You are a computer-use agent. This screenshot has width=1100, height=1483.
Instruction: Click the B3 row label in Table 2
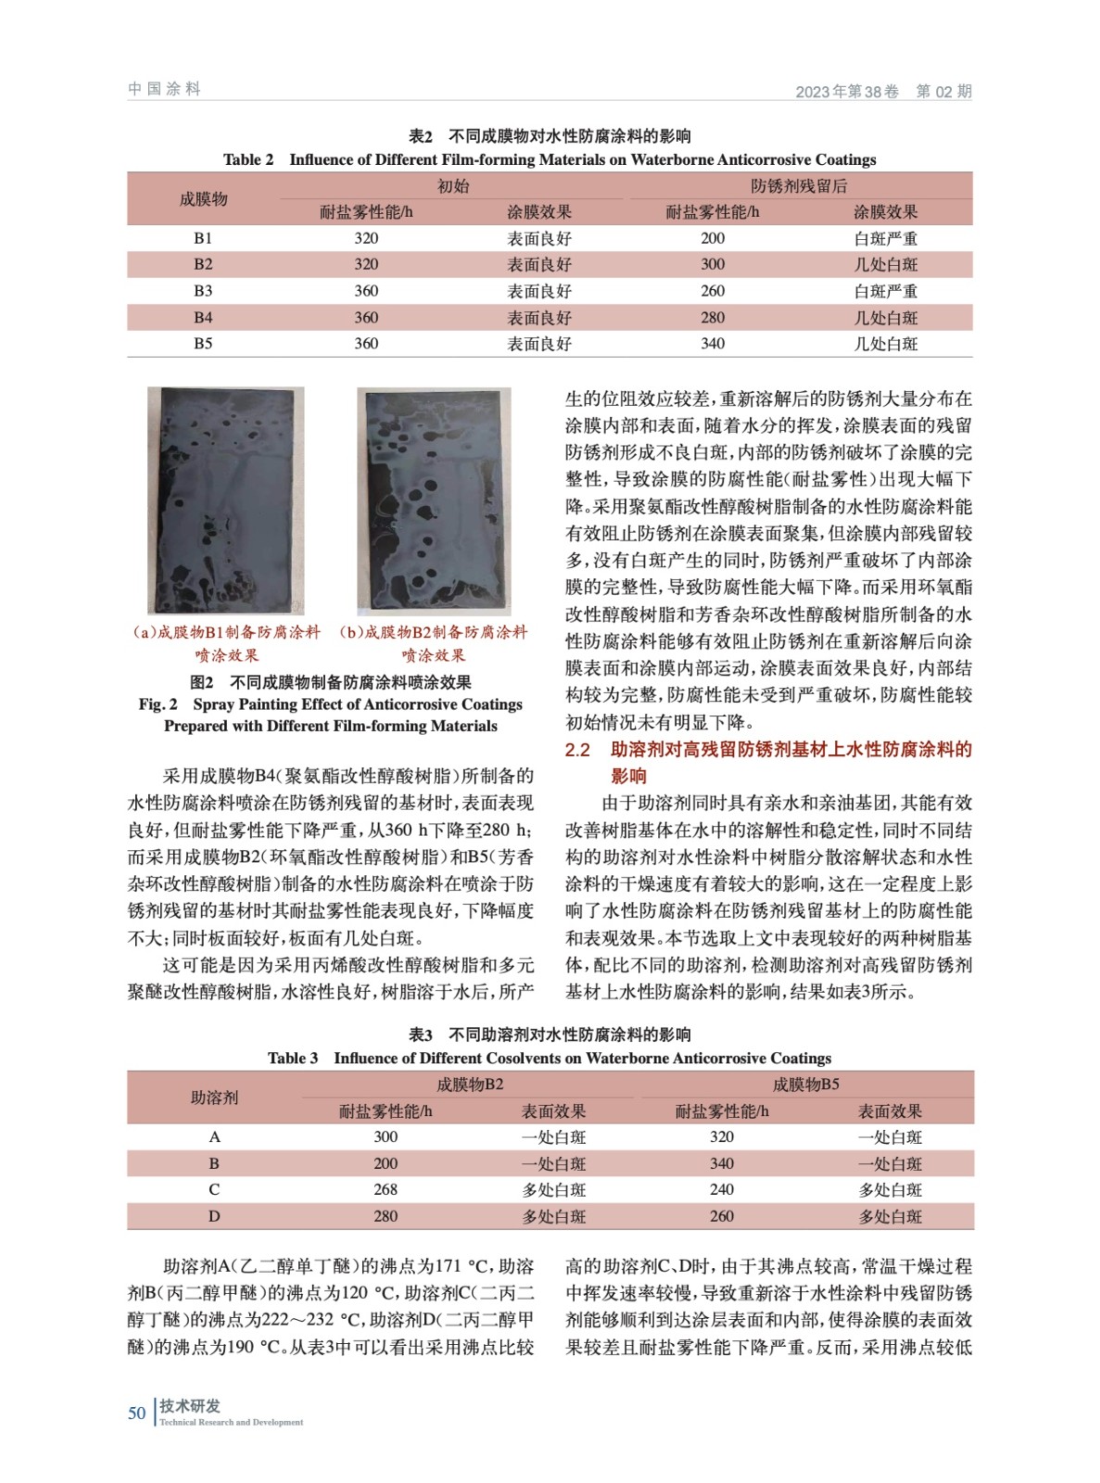[x=203, y=291]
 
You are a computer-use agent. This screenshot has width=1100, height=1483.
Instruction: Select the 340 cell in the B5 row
[x=713, y=344]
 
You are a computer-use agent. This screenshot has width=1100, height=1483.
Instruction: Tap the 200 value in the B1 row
[x=713, y=238]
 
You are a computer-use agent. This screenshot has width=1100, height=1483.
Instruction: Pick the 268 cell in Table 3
[x=386, y=1189]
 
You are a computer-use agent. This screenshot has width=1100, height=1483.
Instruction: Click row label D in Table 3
[x=214, y=1216]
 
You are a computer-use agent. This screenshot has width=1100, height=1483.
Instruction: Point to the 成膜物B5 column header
[x=805, y=1084]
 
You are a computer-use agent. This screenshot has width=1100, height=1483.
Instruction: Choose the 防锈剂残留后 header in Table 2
[x=799, y=186]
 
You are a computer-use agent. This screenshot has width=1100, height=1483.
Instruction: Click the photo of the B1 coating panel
[x=225, y=501]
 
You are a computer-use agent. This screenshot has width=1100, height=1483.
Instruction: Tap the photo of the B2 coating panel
[x=434, y=501]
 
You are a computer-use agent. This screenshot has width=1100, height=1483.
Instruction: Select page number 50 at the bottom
[x=137, y=1413]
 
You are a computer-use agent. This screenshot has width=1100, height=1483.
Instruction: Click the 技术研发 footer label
[x=190, y=1406]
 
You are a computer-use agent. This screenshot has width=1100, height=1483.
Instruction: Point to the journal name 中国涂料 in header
[x=164, y=89]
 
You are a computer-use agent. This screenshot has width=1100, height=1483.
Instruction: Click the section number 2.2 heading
[x=577, y=750]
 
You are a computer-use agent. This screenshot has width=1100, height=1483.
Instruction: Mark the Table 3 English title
[x=550, y=1058]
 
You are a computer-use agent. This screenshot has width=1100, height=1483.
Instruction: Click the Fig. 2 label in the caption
[x=158, y=704]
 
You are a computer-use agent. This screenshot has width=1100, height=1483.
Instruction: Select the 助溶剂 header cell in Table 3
[x=214, y=1097]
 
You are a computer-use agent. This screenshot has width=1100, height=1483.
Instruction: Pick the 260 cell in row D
[x=722, y=1216]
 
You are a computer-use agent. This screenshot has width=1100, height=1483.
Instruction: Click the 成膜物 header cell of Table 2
[x=203, y=199]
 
